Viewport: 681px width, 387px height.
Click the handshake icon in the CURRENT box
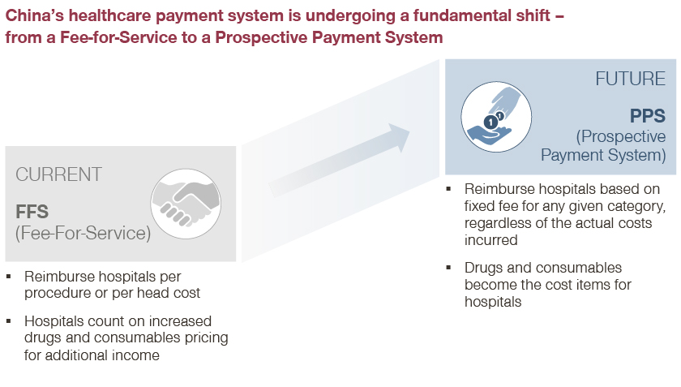(x=186, y=204)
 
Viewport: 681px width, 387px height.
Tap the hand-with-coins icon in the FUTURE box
(x=496, y=117)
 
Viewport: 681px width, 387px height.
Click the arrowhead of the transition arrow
(x=400, y=137)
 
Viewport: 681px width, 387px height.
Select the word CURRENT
(x=58, y=174)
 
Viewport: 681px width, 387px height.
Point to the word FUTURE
(x=630, y=79)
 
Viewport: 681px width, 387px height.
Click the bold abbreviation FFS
(x=32, y=212)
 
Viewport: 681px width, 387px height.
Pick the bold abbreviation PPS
(x=648, y=116)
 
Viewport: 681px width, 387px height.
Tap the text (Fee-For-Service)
(x=83, y=233)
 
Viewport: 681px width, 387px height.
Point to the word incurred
(x=490, y=240)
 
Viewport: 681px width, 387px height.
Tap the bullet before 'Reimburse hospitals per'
(x=9, y=276)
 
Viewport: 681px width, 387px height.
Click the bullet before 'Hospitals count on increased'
(x=9, y=321)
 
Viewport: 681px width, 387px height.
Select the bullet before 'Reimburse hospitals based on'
(x=448, y=189)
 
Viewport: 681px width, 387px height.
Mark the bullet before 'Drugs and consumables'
(x=448, y=268)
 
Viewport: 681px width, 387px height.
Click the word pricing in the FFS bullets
(x=206, y=338)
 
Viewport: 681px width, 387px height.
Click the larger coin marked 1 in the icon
(x=490, y=123)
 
